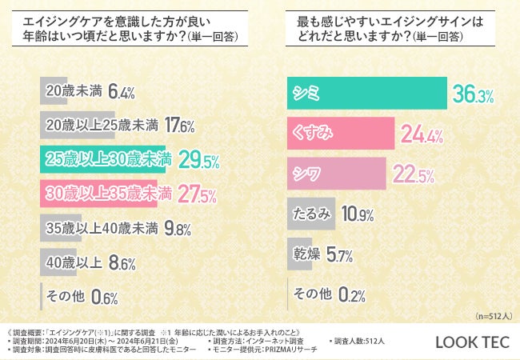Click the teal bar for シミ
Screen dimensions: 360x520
366,93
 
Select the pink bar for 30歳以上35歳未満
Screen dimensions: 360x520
98,194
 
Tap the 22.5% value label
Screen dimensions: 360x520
414,174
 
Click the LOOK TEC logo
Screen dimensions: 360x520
471,342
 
